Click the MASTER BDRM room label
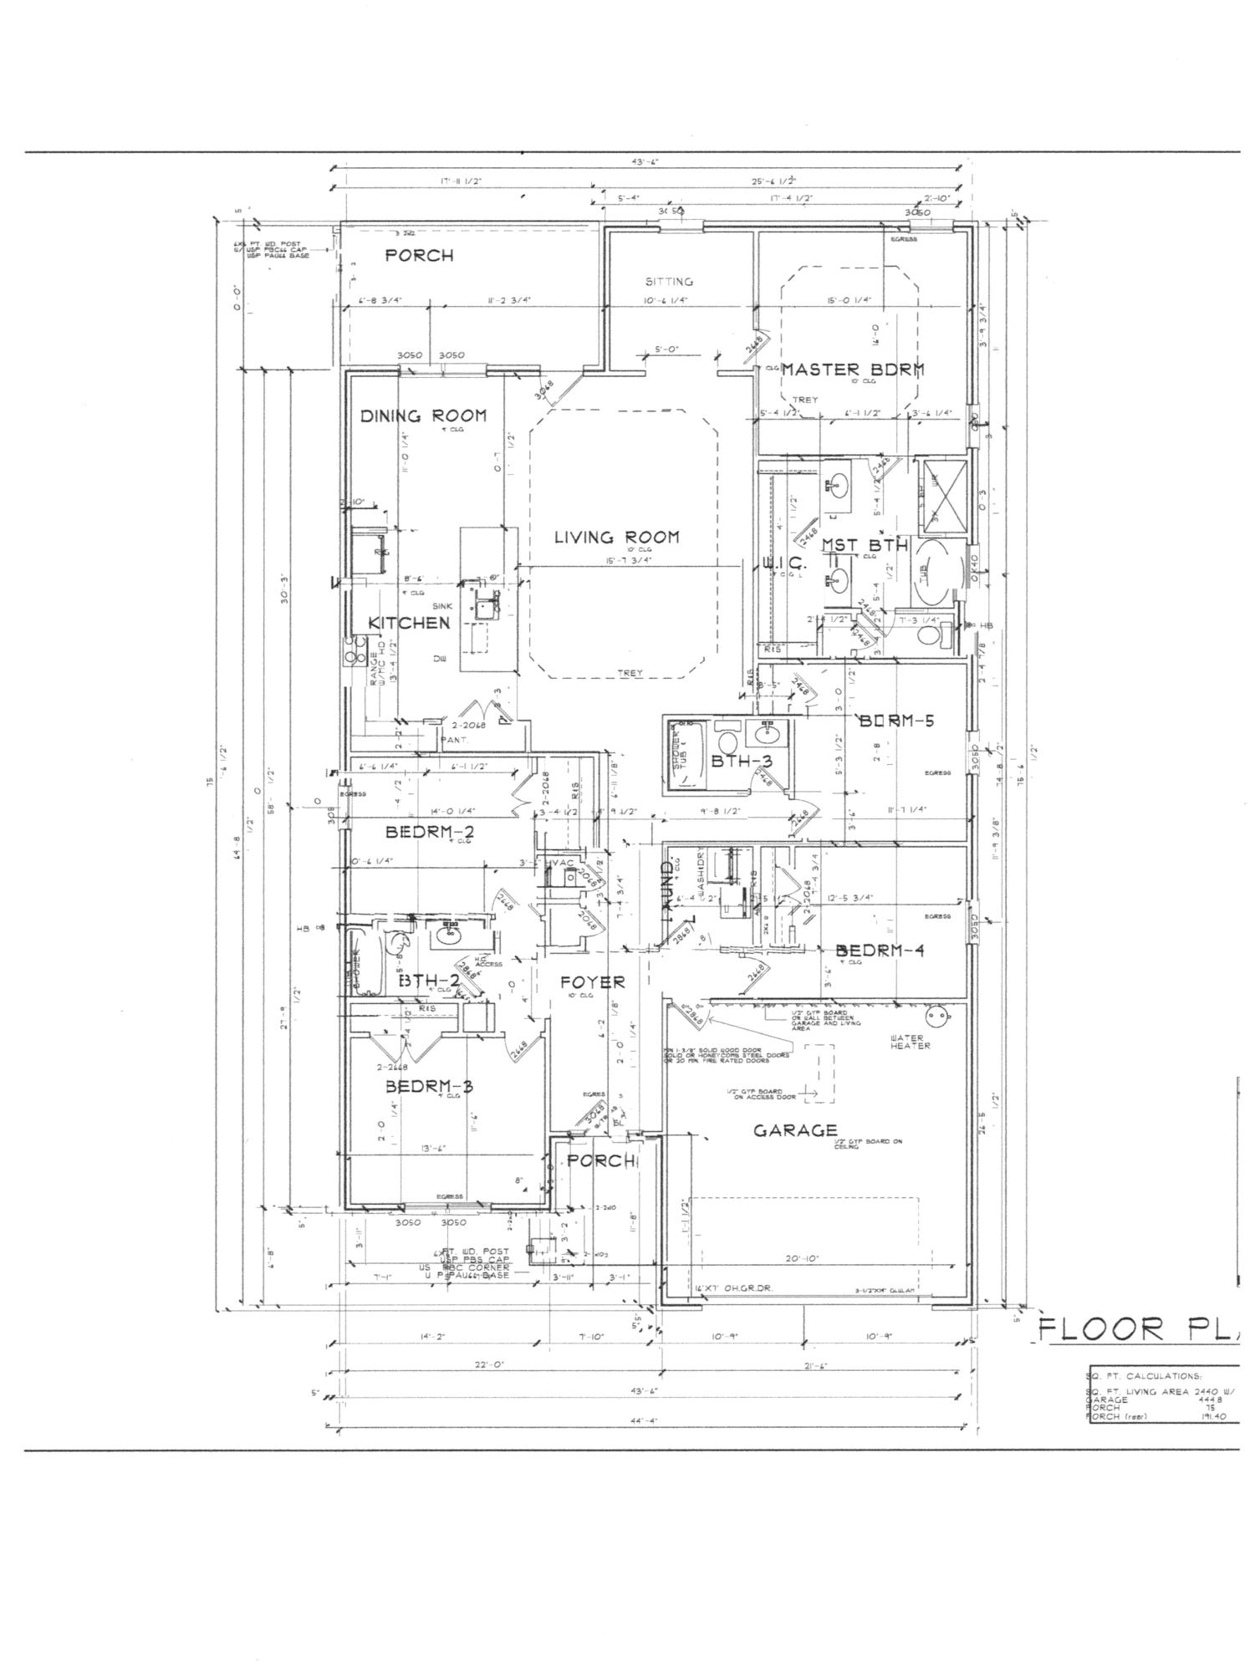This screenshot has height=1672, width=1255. pos(853,369)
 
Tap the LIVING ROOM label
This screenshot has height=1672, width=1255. pos(617,537)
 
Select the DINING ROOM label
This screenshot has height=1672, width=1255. pos(423,415)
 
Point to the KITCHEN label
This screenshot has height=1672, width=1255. pos(410,623)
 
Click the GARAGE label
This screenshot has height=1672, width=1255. pos(795,1130)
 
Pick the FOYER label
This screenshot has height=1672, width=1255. pos(592,981)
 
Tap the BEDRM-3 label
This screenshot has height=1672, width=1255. pos(429,1086)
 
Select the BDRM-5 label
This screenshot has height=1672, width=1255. pos(896,720)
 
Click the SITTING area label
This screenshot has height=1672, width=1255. pos(669,282)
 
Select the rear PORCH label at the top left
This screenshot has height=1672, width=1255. pos(419,256)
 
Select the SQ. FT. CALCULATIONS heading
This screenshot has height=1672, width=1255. pos(1145,1376)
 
